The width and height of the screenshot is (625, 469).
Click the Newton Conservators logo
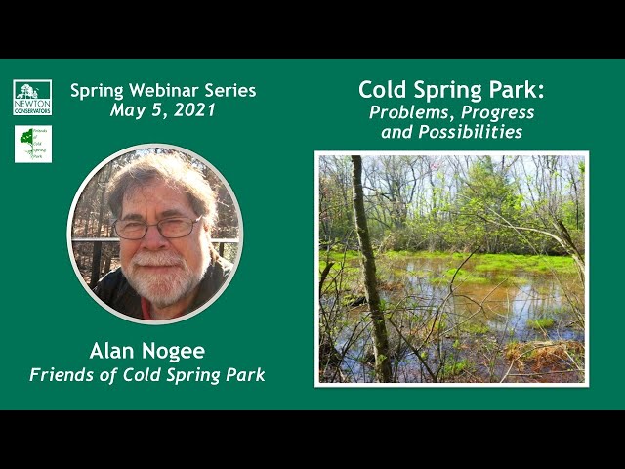32,98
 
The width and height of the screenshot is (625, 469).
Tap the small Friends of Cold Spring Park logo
32,144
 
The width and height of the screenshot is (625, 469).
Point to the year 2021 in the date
193,110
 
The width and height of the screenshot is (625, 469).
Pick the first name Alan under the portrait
114,351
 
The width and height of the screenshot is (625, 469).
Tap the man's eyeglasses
157,228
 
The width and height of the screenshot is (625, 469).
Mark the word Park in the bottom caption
243,375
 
